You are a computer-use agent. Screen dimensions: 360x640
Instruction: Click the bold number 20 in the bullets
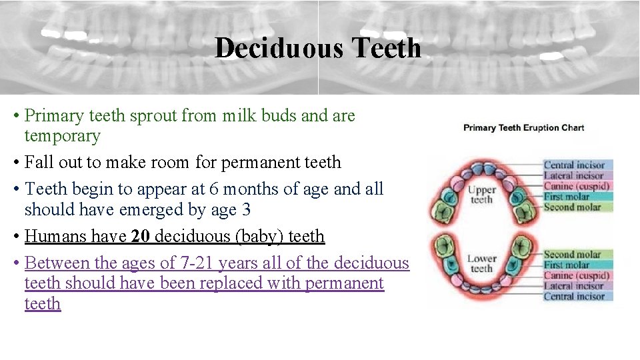pyautogui.click(x=140, y=236)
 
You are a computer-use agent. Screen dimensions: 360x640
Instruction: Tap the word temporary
pyautogui.click(x=62, y=136)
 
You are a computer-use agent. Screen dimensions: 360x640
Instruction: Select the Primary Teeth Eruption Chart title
pyautogui.click(x=523, y=127)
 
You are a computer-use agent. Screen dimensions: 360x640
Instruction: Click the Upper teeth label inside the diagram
pyautogui.click(x=482, y=195)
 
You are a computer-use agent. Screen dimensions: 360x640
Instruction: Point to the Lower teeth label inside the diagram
pyautogui.click(x=481, y=263)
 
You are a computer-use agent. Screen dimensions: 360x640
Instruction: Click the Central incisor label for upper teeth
pyautogui.click(x=574, y=165)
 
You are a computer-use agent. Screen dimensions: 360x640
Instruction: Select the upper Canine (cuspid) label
pyautogui.click(x=577, y=186)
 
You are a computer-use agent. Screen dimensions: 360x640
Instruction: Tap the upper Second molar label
pyautogui.click(x=572, y=207)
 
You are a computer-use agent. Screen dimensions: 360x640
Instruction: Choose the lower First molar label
pyautogui.click(x=567, y=265)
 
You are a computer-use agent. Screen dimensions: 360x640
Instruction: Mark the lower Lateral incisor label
pyautogui.click(x=573, y=286)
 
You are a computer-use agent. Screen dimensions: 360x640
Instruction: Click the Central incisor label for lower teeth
pyautogui.click(x=574, y=297)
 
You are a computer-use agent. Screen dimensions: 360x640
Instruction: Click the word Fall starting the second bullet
pyautogui.click(x=35, y=163)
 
